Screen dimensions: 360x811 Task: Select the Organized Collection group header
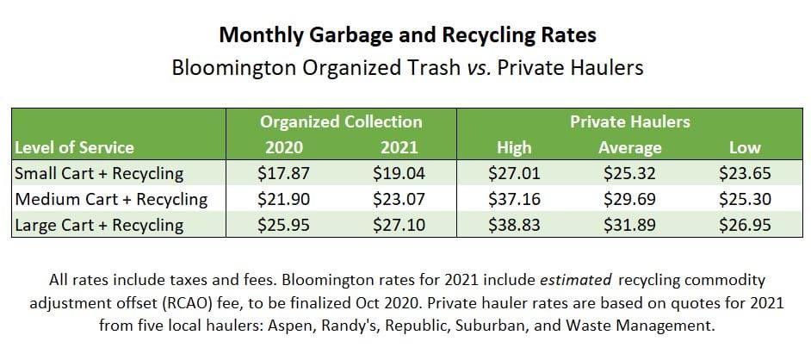(x=341, y=121)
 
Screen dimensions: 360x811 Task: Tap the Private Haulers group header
(x=629, y=121)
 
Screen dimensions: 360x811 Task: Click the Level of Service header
(x=74, y=147)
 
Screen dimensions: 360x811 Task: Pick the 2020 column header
(x=284, y=147)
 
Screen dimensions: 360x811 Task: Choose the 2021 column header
(x=399, y=147)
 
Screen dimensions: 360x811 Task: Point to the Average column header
(x=629, y=147)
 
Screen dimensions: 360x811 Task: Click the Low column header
(x=745, y=147)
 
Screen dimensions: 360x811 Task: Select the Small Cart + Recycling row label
(x=99, y=173)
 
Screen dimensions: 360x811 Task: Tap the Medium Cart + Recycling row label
(x=111, y=199)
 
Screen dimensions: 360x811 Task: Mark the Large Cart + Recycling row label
(x=99, y=226)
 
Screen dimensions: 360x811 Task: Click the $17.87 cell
(x=284, y=173)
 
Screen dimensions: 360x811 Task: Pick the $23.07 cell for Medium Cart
(x=399, y=199)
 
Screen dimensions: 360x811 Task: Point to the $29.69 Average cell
(x=629, y=199)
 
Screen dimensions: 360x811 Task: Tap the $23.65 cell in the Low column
(x=745, y=173)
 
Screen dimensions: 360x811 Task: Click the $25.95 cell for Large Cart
(x=284, y=226)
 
